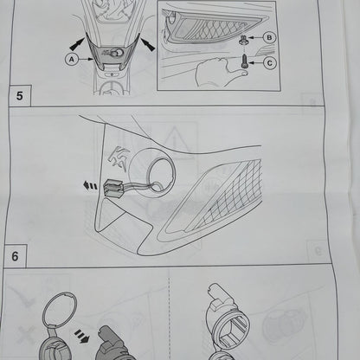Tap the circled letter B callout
269,37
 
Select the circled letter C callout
270,63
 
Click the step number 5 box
19,96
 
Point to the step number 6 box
15,256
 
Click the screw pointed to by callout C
244,61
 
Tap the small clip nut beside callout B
242,40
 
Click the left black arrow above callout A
78,44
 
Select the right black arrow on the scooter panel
147,44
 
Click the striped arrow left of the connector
90,185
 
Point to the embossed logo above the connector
118,160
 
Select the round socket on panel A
118,53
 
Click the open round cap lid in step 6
60,309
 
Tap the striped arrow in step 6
82,337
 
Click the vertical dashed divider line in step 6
170,314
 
